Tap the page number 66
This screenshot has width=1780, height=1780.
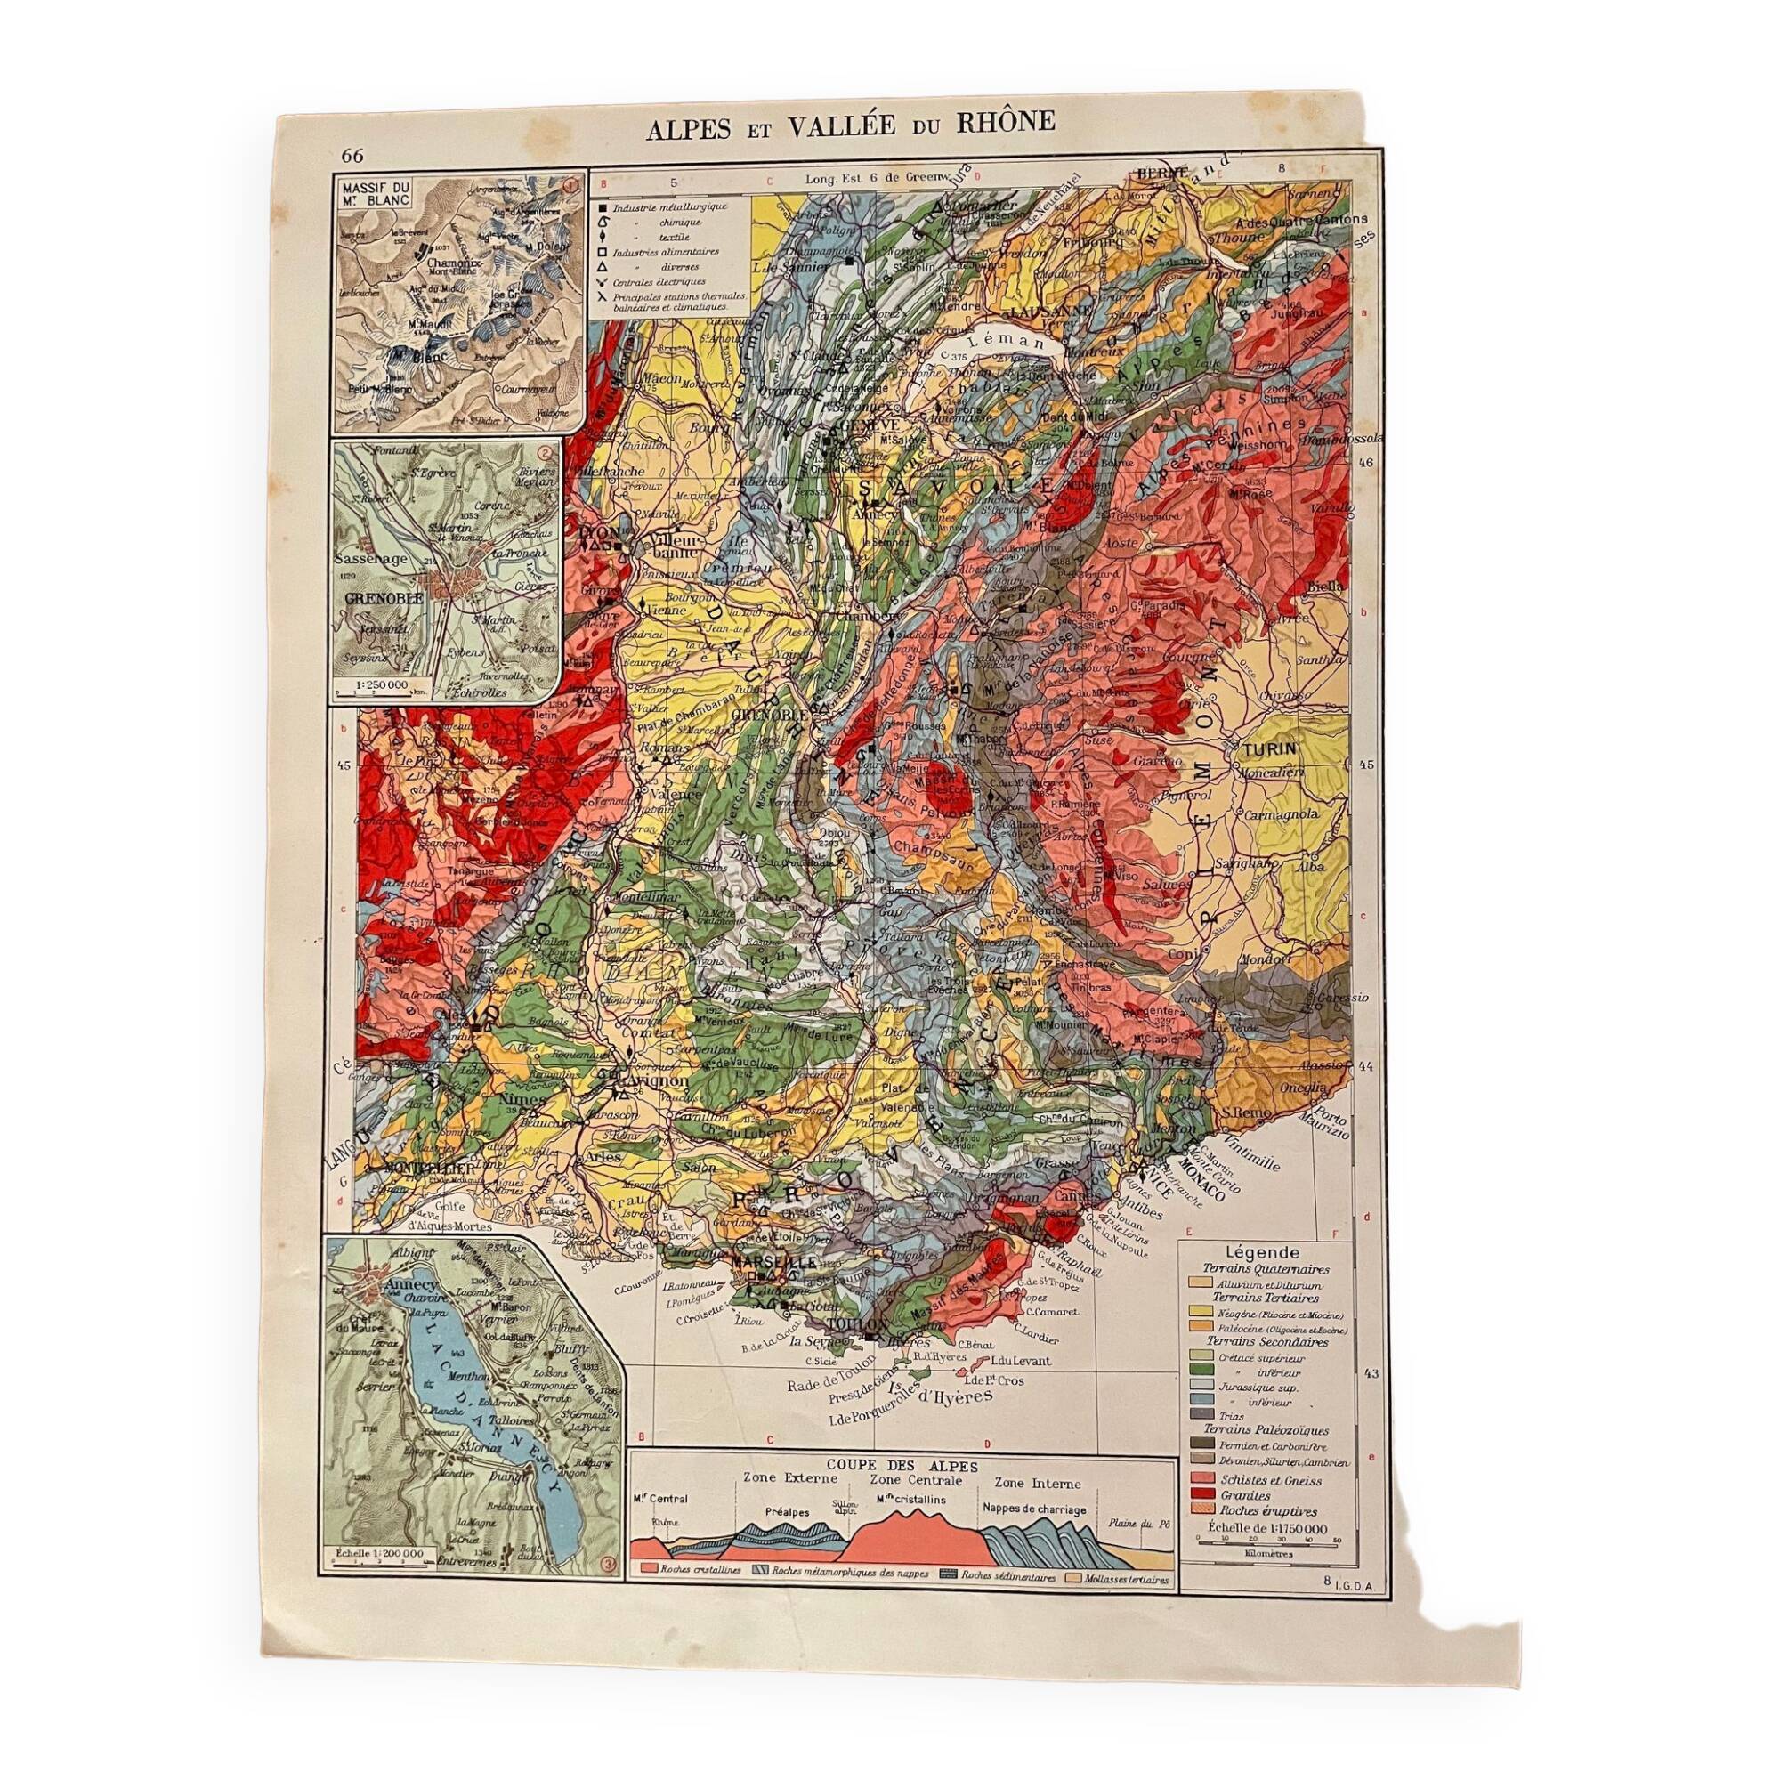tap(352, 155)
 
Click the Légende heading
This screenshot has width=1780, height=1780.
tap(1263, 1252)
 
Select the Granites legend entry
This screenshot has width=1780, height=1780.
tap(1239, 1496)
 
